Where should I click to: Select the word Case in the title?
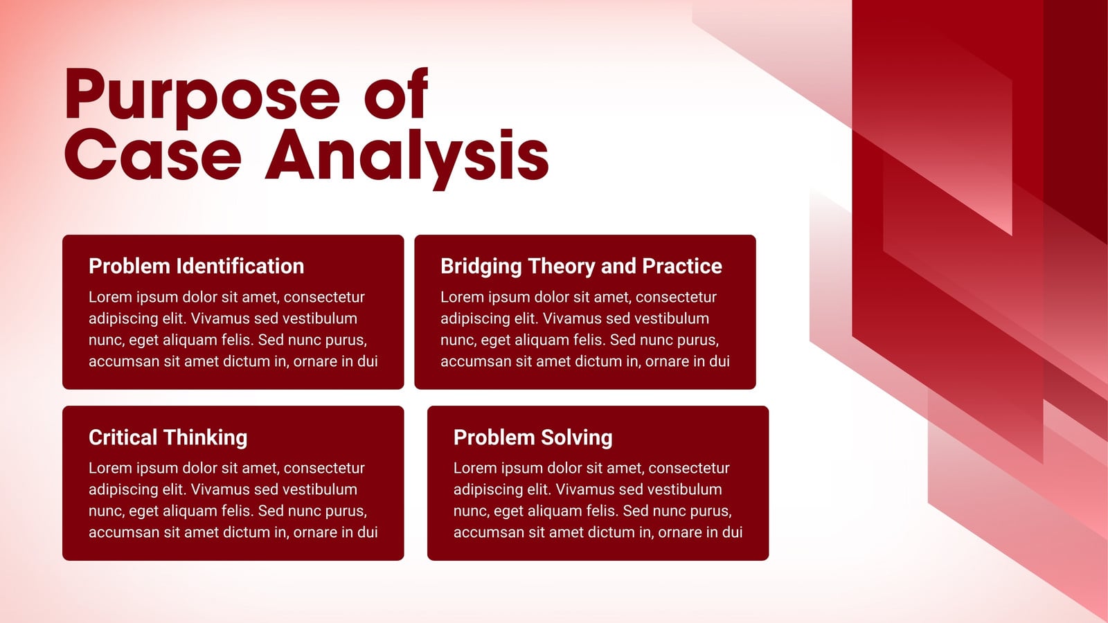[x=153, y=155]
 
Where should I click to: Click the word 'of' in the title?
[x=396, y=93]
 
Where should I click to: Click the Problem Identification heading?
[x=197, y=266]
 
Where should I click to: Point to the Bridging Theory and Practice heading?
[x=581, y=267]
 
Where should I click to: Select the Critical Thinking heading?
[x=168, y=437]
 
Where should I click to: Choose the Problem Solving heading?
[x=533, y=437]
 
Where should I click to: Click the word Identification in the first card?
[x=240, y=266]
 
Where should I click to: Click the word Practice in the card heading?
[x=682, y=266]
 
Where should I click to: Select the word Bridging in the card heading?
[x=481, y=267]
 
